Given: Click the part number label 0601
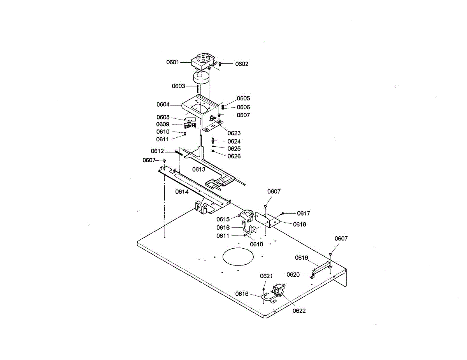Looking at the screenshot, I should pos(173,62).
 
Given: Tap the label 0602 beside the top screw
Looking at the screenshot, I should pos(242,64).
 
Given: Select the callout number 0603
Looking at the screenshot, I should pos(179,86).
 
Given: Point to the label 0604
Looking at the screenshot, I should pos(163,104).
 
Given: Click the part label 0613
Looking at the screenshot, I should pos(198,169).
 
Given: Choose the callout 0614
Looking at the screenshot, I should pos(182,191).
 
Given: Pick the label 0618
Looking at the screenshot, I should pos(300,224).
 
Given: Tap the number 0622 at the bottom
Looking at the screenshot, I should pos(299,311).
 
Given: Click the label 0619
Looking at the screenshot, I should pos(302,258).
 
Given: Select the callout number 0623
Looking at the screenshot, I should pos(234,133).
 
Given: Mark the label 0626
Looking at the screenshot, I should pos(234,156).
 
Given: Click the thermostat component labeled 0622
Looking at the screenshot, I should pos(279,290).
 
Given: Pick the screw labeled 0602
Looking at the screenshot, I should pos(220,63).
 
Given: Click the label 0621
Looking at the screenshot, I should pos(266,276).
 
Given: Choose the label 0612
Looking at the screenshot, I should pos(158,151).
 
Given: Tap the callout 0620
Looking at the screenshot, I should pos(293,274).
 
